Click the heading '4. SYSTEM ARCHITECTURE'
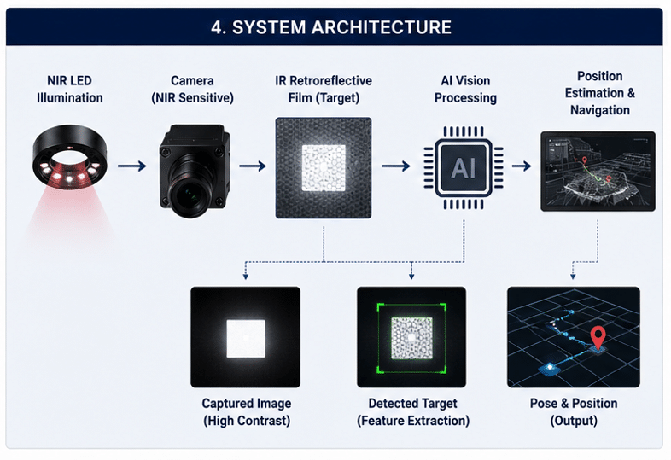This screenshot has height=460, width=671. pyautogui.click(x=330, y=27)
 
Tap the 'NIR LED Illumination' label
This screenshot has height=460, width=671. pyautogui.click(x=69, y=89)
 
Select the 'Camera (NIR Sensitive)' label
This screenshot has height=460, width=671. pyautogui.click(x=192, y=89)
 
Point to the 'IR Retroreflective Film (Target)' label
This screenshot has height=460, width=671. pyautogui.click(x=324, y=89)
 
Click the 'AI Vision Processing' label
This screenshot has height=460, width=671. pyautogui.click(x=465, y=89)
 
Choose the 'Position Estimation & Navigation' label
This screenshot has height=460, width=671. pyautogui.click(x=599, y=93)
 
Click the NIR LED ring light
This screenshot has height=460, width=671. pyautogui.click(x=70, y=156)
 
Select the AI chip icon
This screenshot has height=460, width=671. pyautogui.click(x=464, y=167)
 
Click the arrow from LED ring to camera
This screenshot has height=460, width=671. pyautogui.click(x=131, y=166)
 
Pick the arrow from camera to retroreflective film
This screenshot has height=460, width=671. pyautogui.click(x=253, y=166)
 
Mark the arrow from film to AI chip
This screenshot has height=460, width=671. pyautogui.click(x=395, y=166)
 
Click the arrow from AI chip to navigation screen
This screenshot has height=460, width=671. pyautogui.click(x=522, y=166)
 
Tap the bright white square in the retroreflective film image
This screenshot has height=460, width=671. pyautogui.click(x=324, y=168)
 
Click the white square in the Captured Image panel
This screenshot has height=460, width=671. pyautogui.click(x=246, y=339)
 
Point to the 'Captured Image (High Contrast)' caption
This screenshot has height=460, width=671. pyautogui.click(x=247, y=411)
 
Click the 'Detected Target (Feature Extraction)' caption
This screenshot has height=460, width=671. pyautogui.click(x=413, y=411)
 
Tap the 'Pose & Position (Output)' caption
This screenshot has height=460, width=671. pyautogui.click(x=574, y=411)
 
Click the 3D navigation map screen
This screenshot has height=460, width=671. pyautogui.click(x=598, y=172)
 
